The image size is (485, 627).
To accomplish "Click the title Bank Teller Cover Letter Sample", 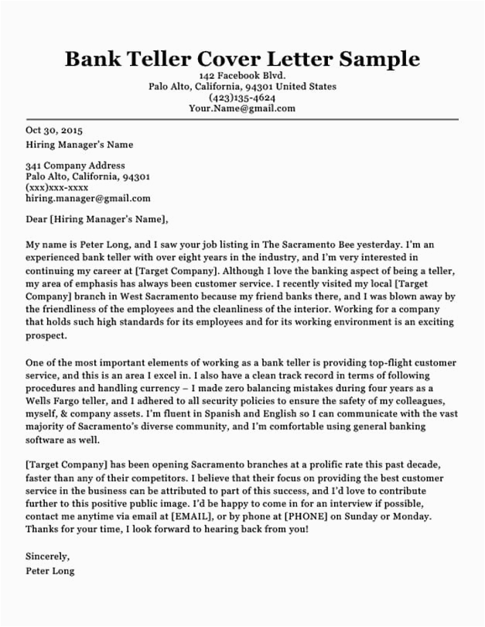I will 242,60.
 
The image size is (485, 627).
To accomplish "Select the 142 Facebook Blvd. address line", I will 242,76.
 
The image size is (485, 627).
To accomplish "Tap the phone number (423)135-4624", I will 242,98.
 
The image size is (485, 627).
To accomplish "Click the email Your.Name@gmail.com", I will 242,108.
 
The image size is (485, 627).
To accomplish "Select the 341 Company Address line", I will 75,166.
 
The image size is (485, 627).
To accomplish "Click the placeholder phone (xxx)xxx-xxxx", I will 57,187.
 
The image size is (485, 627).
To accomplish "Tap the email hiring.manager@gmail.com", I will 88,198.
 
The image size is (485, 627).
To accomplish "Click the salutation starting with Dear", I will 97,219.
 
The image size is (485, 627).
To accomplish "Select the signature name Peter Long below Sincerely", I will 50,571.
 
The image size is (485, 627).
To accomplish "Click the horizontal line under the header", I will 242,119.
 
